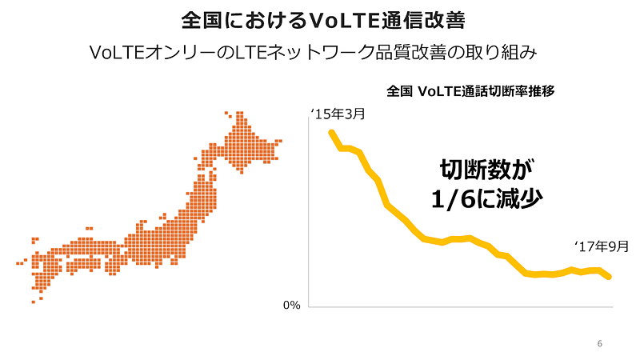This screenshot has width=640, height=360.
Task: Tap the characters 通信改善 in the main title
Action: (424, 21)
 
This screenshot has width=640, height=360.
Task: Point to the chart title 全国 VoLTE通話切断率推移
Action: (470, 91)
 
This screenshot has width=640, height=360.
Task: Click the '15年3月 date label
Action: (338, 114)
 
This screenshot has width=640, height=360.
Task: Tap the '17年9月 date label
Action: (602, 246)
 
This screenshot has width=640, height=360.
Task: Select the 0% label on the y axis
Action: (292, 305)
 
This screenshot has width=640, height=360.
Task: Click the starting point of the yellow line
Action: (332, 133)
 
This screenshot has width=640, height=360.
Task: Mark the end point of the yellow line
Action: (609, 277)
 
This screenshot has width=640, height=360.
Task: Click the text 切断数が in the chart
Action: (487, 170)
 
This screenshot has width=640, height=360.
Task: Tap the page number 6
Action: (599, 344)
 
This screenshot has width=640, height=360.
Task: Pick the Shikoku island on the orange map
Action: (84, 266)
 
